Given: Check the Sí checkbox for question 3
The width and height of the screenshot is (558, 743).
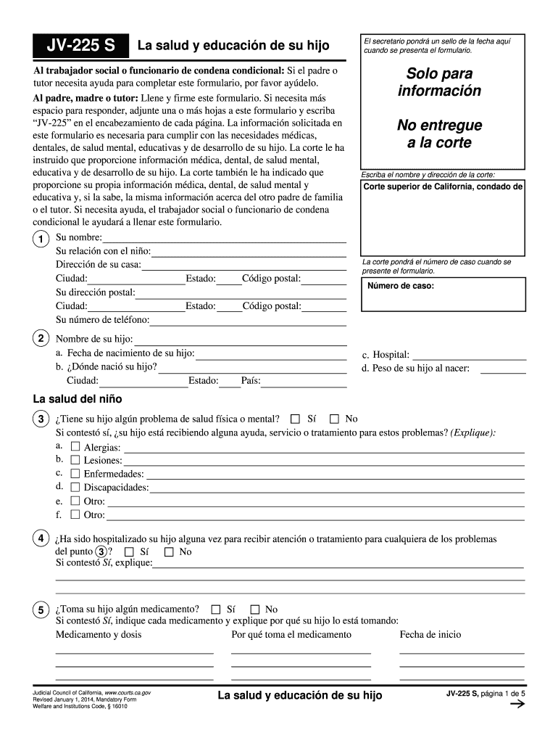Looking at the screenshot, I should (295, 419).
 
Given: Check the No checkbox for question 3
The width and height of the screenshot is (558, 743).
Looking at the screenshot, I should (334, 419).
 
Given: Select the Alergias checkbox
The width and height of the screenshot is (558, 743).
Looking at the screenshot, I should (75, 447).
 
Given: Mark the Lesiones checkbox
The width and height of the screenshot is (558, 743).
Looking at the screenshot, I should (75, 460).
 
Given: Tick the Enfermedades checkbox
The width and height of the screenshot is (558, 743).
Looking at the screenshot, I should (75, 474).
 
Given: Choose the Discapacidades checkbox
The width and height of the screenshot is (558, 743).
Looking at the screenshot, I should (75, 487).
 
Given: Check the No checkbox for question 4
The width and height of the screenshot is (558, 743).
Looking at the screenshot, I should (169, 551).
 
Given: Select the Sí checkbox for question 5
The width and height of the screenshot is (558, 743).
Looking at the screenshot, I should (215, 609).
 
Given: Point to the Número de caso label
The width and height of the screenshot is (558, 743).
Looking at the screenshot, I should (401, 286).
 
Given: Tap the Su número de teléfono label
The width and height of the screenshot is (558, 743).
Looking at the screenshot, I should (103, 319).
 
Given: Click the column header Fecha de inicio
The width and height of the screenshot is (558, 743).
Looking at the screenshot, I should (430, 634).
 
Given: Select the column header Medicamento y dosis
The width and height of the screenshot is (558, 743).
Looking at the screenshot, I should (99, 634).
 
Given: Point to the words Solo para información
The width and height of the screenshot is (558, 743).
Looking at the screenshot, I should (434, 83).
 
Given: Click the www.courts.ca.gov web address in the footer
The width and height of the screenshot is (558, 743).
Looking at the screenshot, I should (128, 694).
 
